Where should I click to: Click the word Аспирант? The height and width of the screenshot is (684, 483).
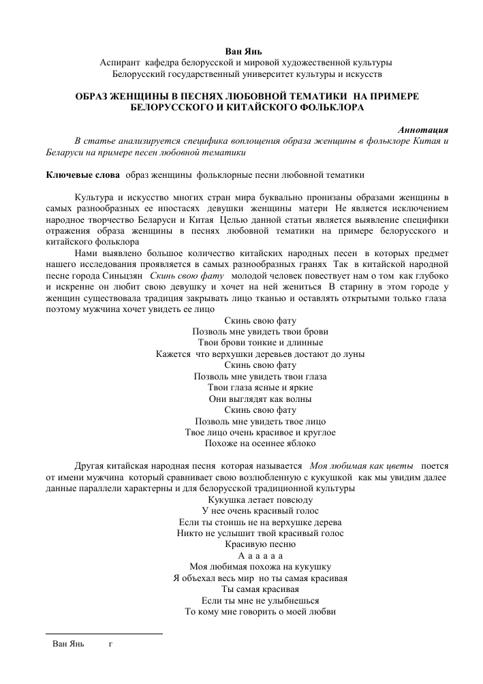pyautogui.click(x=121, y=62)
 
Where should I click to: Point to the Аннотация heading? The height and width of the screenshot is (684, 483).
pyautogui.click(x=422, y=129)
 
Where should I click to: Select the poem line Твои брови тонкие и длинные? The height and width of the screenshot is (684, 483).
pyautogui.click(x=260, y=343)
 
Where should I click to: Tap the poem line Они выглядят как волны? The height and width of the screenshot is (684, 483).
pyautogui.click(x=260, y=399)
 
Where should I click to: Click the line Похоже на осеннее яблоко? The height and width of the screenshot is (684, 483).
pyautogui.click(x=260, y=444)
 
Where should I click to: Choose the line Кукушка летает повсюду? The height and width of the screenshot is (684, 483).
pyautogui.click(x=260, y=499)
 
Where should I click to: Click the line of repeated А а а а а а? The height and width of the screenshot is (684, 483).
pyautogui.click(x=260, y=556)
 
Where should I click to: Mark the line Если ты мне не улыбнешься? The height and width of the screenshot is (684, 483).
pyautogui.click(x=260, y=600)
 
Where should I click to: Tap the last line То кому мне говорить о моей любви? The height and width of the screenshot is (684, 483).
pyautogui.click(x=260, y=612)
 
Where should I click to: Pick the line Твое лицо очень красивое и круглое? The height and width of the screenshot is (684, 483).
pyautogui.click(x=260, y=433)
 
